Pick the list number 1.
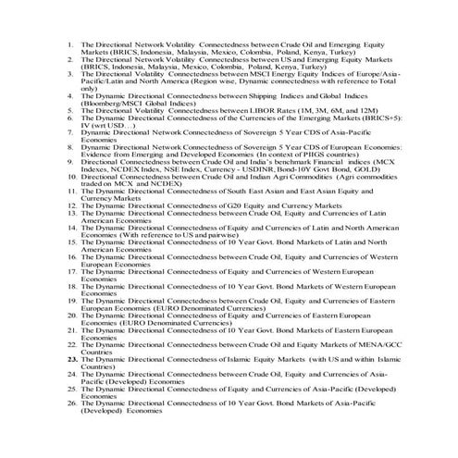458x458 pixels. point(72,43)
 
